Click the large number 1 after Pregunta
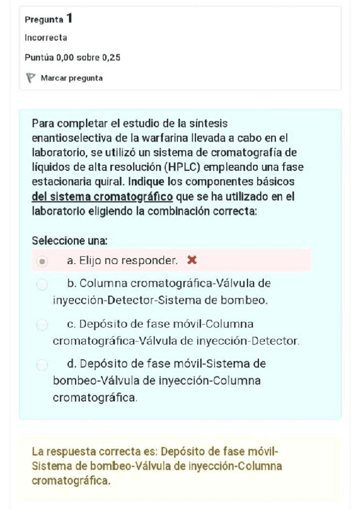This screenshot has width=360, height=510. coord(70,19)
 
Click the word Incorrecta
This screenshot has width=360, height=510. coord(46,38)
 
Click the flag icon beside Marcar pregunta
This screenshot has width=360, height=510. coord(31,78)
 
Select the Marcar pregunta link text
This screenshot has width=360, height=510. coord(72,78)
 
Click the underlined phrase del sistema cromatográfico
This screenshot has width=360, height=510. coord(102,196)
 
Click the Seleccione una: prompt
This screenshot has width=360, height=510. coord(69,241)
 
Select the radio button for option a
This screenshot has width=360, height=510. coord(41,262)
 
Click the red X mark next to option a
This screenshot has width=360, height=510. coord(192,260)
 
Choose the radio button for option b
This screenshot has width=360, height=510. coord(41,284)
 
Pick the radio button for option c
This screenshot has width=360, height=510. coord(41,325)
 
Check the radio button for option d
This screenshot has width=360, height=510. coord(41,364)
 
